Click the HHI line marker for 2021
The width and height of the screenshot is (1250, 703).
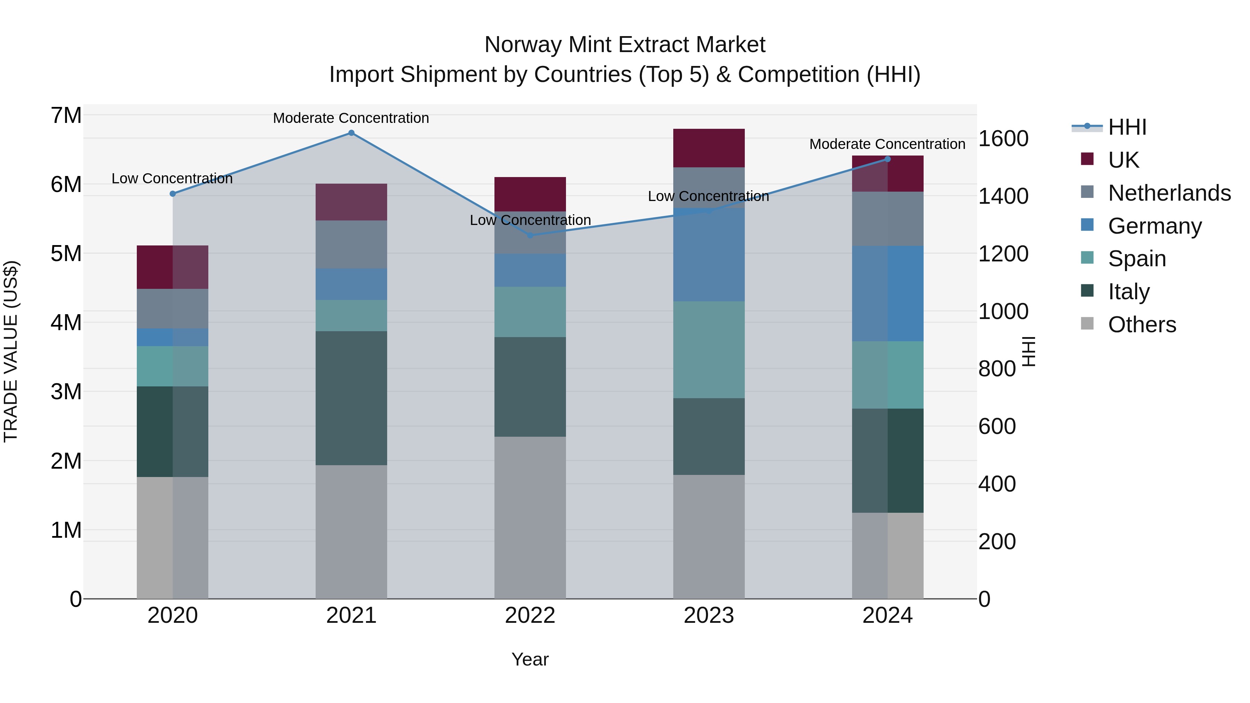coord(351,133)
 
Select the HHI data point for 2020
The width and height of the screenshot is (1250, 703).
coord(173,194)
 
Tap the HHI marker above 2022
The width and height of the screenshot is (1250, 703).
coord(530,235)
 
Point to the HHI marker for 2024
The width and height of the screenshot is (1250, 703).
coord(887,159)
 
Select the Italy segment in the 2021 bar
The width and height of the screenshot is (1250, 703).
coord(351,398)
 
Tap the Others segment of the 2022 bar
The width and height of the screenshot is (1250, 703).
coord(530,517)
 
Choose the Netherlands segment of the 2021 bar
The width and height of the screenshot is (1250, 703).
coord(351,244)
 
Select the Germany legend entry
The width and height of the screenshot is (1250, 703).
coord(1155,226)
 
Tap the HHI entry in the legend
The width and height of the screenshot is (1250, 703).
coord(1127,127)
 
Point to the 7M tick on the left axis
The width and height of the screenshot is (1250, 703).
coord(66,116)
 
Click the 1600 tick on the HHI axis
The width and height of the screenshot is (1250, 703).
coord(1002,139)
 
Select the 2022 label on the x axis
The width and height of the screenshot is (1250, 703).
coord(530,616)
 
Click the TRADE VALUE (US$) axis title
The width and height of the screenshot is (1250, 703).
coord(11,351)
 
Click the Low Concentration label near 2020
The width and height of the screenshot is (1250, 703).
coord(172,178)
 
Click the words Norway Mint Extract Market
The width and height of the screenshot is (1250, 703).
coord(625,45)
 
